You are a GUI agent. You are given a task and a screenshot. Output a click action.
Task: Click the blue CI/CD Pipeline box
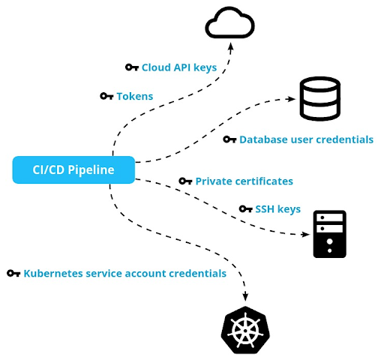point(73,169)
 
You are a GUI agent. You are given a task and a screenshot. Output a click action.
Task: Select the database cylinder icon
point(319,99)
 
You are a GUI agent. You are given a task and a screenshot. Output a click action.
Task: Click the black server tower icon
point(329,234)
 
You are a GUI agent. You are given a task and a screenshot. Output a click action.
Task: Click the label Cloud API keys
point(179,67)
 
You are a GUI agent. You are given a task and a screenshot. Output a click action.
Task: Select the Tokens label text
point(134,96)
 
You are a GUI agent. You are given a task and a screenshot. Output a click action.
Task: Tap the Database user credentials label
point(306,139)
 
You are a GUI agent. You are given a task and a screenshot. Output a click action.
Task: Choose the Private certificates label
point(244,181)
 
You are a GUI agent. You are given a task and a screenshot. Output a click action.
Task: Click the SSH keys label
point(278,209)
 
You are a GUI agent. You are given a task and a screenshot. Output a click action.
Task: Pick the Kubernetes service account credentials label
point(124,274)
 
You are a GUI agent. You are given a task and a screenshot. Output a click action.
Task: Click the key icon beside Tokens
point(106,96)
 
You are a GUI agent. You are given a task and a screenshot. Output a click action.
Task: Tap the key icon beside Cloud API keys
point(132,67)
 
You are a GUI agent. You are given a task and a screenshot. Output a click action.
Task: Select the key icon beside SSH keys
point(245,209)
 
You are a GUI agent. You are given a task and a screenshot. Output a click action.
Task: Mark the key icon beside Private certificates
point(185,181)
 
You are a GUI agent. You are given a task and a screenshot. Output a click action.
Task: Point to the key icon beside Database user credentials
point(229,139)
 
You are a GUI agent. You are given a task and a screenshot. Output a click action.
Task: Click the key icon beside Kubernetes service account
point(13,274)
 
